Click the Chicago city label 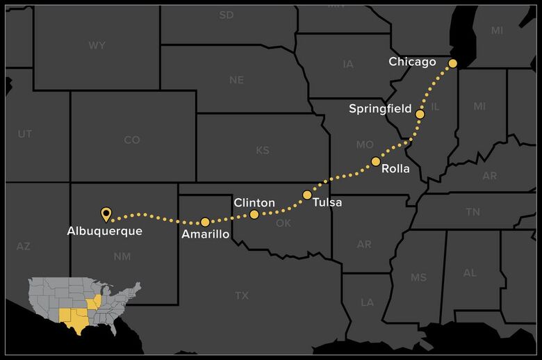[x=412, y=63]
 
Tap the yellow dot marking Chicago [x=452, y=63]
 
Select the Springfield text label [x=379, y=109]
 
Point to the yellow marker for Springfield [x=420, y=114]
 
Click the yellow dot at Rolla [x=376, y=161]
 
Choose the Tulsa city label [x=327, y=203]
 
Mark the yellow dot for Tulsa [x=307, y=195]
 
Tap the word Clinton [x=254, y=202]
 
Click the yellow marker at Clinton [x=254, y=214]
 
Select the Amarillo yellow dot [x=205, y=222]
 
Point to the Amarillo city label [x=205, y=235]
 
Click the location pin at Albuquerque [x=106, y=213]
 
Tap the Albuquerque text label [x=105, y=231]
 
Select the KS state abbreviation [x=263, y=151]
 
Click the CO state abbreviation [x=132, y=140]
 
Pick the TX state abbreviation [x=241, y=296]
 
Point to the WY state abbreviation [x=97, y=46]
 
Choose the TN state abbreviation [x=473, y=212]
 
